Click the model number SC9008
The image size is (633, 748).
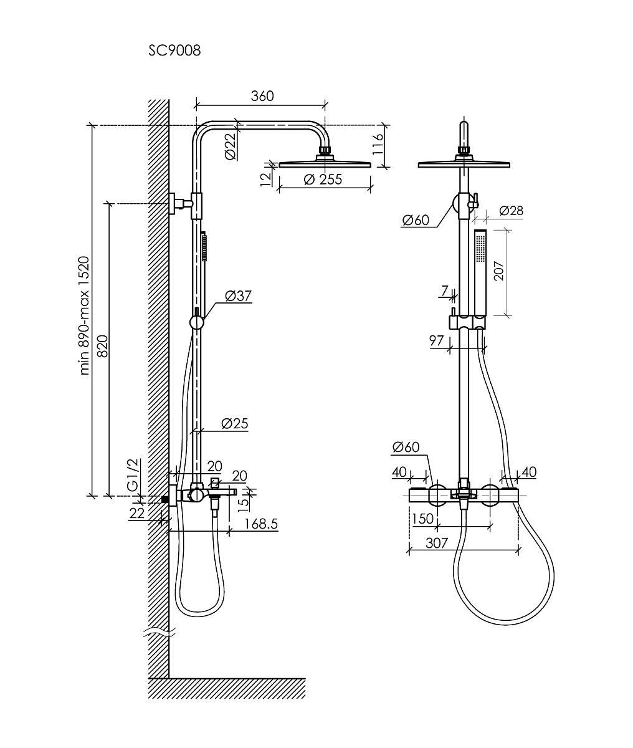pyautogui.click(x=174, y=50)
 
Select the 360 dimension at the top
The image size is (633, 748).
pyautogui.click(x=262, y=96)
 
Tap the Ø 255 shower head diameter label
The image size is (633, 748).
pyautogui.click(x=323, y=179)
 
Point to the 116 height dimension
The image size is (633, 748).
pyautogui.click(x=378, y=144)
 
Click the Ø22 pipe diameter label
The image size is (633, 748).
pyautogui.click(x=231, y=146)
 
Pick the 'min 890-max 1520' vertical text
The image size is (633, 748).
pyautogui.click(x=84, y=315)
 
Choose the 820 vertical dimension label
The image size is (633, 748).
pyautogui.click(x=103, y=347)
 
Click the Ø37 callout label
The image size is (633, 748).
pyautogui.click(x=238, y=295)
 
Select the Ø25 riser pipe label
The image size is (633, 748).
pyautogui.click(x=235, y=423)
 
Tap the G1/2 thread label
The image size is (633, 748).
pyautogui.click(x=133, y=475)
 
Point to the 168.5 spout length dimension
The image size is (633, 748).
pyautogui.click(x=261, y=524)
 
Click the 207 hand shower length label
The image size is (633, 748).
pyautogui.click(x=499, y=271)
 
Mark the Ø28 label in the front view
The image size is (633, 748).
pyautogui.click(x=511, y=211)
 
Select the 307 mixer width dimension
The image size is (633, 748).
pyautogui.click(x=437, y=543)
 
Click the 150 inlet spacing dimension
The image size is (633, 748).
pyautogui.click(x=422, y=519)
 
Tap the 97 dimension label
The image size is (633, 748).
pyautogui.click(x=436, y=340)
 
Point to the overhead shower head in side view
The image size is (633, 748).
pyautogui.click(x=325, y=161)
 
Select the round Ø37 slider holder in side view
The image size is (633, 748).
pyautogui.click(x=197, y=322)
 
